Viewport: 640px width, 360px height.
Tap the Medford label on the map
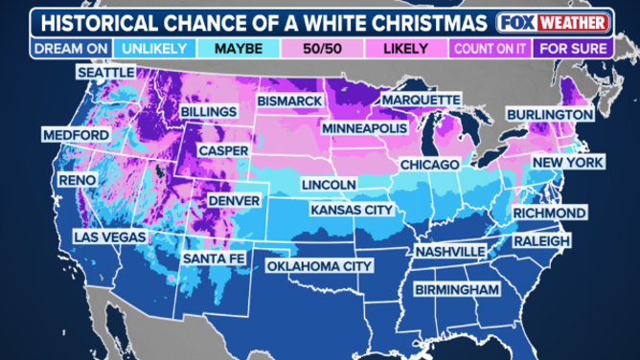coord(75,137)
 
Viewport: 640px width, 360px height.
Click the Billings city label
coord(208,113)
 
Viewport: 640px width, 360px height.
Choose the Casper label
coord(224,151)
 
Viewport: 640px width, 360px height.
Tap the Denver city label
coord(233,201)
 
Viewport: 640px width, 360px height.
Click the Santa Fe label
coord(213,259)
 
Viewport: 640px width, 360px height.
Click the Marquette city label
coord(421,100)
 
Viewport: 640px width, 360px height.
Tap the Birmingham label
coord(457,289)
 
